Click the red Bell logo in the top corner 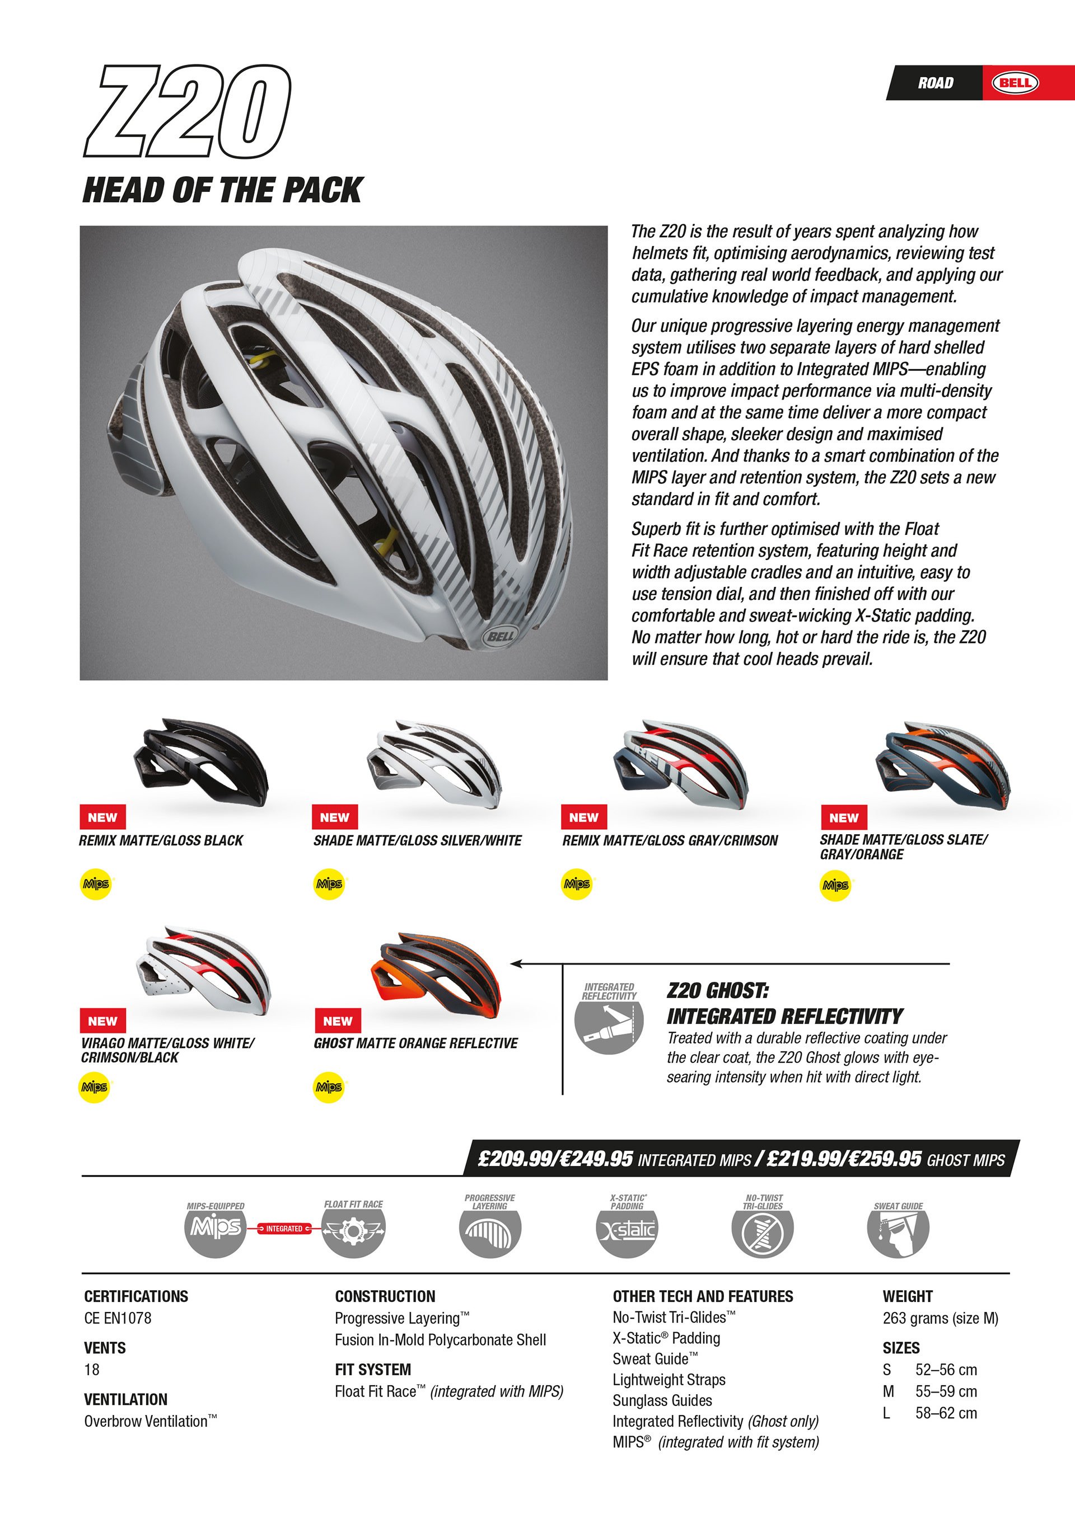[x=1015, y=83]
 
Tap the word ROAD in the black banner [x=936, y=83]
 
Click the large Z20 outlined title [x=188, y=111]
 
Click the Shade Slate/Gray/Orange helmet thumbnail [x=943, y=764]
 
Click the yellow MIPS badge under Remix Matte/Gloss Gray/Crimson [x=577, y=884]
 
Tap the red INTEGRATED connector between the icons [x=284, y=1229]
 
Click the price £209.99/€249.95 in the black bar [x=555, y=1159]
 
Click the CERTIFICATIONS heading [x=135, y=1296]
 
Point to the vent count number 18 [x=92, y=1370]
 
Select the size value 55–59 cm [x=946, y=1391]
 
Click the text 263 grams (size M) [x=940, y=1318]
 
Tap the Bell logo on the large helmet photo [x=500, y=637]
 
